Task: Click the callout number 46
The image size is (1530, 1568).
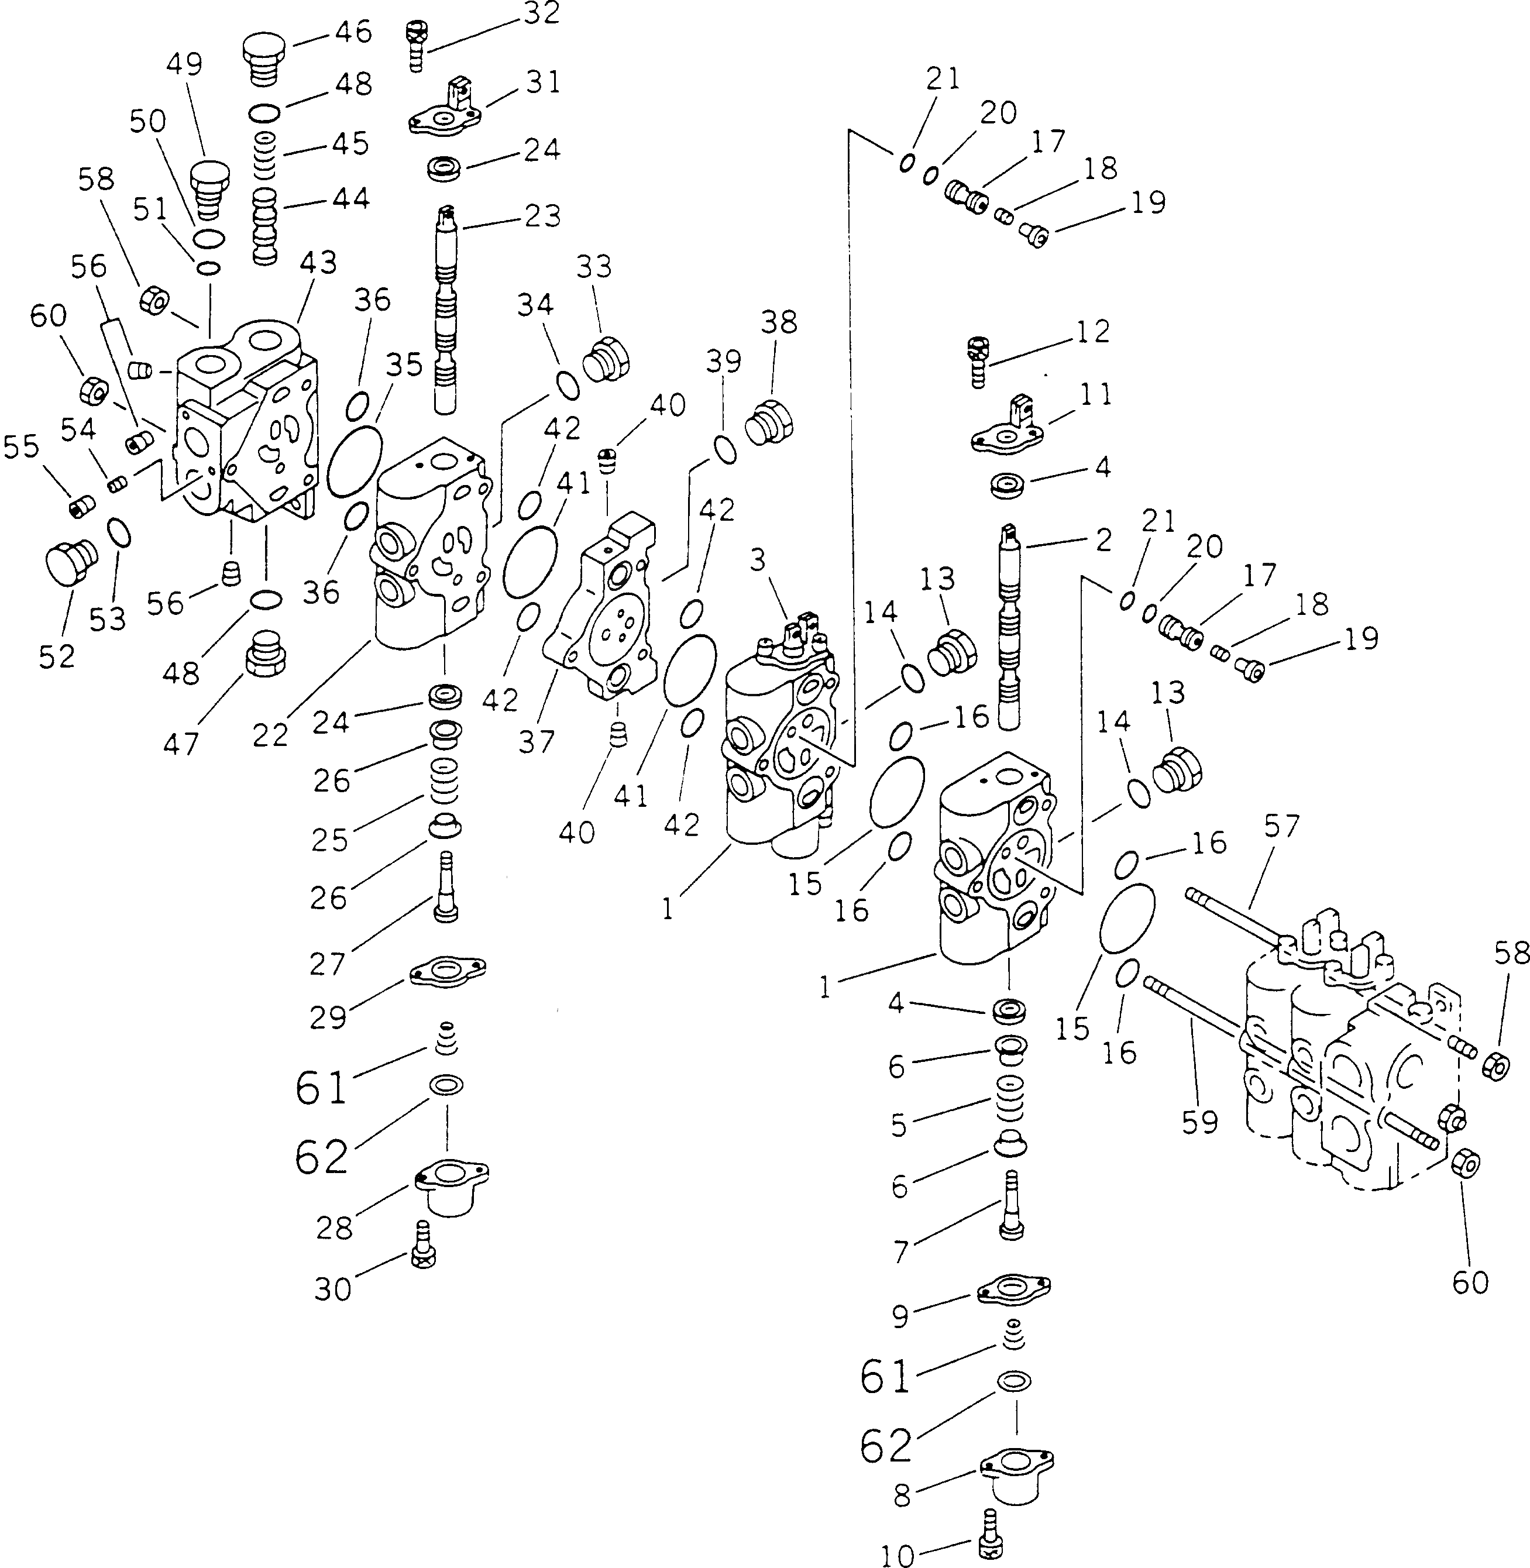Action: click(x=353, y=32)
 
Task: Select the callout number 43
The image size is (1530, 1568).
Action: click(x=318, y=263)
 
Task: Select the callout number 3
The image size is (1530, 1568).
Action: click(x=758, y=560)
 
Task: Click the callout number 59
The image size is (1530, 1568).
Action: click(x=1200, y=1122)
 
